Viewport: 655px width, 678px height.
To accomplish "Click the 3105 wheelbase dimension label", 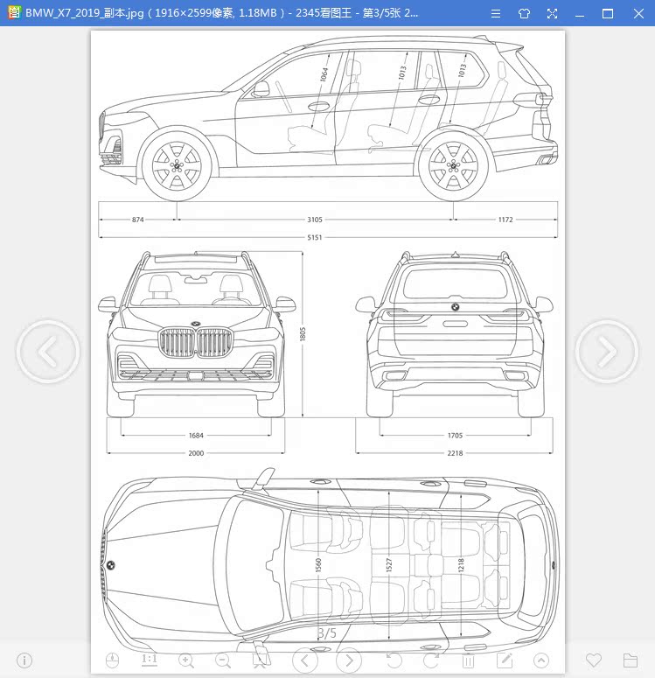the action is click(315, 220).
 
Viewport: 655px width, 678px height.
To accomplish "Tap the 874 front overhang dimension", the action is click(138, 220).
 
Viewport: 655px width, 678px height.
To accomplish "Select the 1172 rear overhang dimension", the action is click(505, 220).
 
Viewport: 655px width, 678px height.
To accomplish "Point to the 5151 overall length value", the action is click(315, 237).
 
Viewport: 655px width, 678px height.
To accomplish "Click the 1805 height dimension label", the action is click(303, 334).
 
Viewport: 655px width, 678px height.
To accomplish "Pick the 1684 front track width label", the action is click(196, 436).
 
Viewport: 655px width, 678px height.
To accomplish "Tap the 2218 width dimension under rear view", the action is click(456, 453).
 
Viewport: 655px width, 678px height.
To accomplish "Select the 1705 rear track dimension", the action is click(456, 436).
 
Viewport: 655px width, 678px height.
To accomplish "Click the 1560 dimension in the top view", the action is click(318, 565).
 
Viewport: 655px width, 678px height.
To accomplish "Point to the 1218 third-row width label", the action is click(461, 565).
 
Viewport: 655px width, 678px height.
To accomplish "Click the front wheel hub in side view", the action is click(177, 166).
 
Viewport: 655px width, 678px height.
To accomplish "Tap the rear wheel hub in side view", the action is click(454, 166).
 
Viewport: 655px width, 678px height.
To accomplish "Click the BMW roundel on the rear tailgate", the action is click(456, 307).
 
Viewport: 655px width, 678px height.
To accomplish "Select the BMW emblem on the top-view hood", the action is click(111, 565).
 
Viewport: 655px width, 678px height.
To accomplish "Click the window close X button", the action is click(638, 13).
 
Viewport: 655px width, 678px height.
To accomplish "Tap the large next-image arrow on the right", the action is click(607, 351).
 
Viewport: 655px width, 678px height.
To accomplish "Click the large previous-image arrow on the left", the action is click(48, 351).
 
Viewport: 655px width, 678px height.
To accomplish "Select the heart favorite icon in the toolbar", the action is click(594, 661).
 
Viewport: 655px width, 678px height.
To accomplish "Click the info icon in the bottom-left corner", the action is click(24, 661).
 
